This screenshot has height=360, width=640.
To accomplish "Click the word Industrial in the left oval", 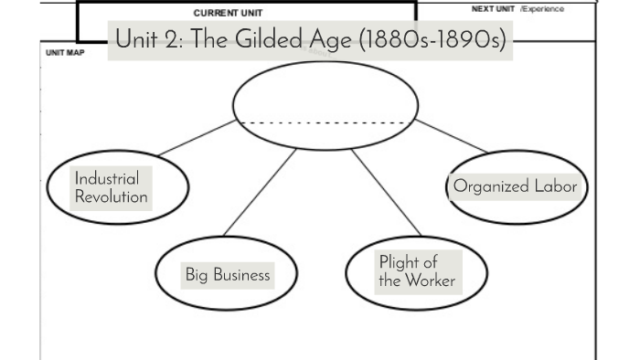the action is click(107, 179).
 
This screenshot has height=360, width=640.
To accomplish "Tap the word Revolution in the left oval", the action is click(112, 196).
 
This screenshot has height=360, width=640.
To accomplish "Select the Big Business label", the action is click(228, 274).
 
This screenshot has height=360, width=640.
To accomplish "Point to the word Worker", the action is click(430, 281).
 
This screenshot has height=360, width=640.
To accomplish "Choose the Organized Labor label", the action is click(516, 186).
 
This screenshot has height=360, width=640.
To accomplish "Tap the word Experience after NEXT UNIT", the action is click(543, 8).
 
